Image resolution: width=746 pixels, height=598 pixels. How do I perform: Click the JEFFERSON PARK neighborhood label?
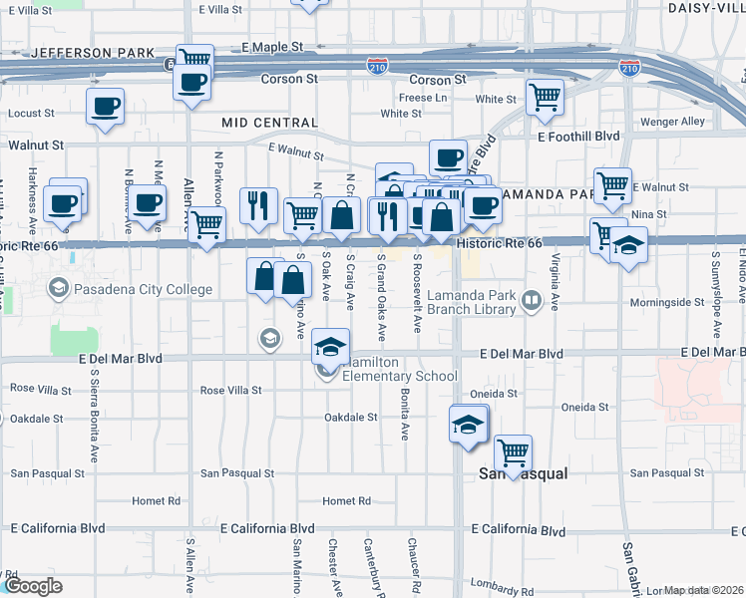[94, 52]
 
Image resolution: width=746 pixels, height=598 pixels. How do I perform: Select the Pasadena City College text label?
[144, 290]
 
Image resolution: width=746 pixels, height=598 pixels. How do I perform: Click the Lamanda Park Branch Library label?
[470, 302]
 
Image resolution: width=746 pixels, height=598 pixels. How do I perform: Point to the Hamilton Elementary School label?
[399, 370]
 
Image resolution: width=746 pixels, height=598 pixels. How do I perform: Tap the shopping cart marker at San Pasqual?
[513, 453]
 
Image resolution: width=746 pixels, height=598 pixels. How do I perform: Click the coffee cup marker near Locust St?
[105, 106]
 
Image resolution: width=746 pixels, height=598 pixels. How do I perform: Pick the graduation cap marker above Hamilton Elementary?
[331, 345]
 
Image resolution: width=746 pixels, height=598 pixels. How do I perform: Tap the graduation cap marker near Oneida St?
[468, 424]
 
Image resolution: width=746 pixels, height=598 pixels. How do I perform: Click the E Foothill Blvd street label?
[577, 137]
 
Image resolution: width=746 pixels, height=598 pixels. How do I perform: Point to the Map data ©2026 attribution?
[704, 590]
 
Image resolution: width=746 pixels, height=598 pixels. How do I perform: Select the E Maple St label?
[271, 47]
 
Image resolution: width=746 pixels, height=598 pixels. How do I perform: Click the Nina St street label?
[648, 214]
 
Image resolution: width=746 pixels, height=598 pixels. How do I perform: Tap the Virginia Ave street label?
[555, 274]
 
